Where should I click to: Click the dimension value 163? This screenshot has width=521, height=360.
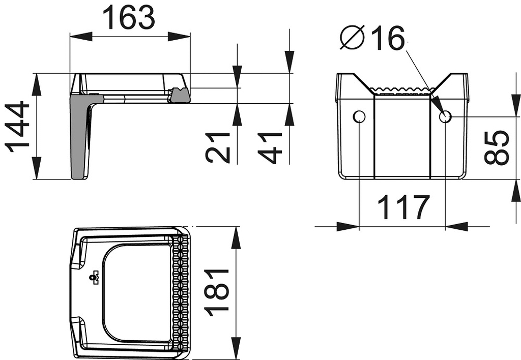tap(129, 18)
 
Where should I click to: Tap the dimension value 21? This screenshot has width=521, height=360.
tap(218, 147)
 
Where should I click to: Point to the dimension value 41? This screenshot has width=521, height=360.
tap(272, 147)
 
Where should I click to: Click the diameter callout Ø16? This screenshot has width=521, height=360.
tap(373, 39)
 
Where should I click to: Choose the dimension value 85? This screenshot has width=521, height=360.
tap(497, 147)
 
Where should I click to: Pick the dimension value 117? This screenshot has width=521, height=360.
tap(403, 207)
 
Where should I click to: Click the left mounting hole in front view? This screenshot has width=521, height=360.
tap(359, 117)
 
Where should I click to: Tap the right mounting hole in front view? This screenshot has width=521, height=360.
tap(445, 117)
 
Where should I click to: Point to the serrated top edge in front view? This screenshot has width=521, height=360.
tap(402, 91)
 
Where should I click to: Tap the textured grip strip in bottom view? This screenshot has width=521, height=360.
tap(181, 292)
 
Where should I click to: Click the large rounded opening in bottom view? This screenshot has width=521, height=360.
tap(136, 292)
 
